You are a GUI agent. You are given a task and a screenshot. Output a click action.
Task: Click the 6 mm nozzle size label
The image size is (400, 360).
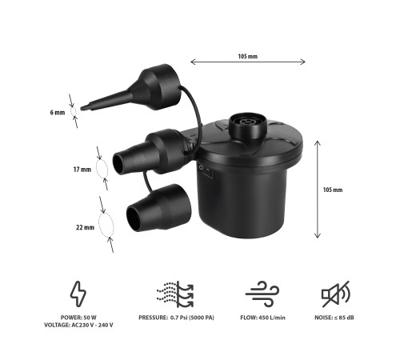[58, 113]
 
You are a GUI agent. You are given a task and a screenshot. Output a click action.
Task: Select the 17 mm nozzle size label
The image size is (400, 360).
[82, 170]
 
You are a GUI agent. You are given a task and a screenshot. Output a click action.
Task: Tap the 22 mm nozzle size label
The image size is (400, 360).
[85, 227]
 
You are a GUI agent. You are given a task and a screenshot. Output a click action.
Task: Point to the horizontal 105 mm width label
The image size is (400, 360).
[248, 56]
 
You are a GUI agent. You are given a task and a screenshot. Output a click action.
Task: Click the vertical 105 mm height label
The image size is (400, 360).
[333, 190]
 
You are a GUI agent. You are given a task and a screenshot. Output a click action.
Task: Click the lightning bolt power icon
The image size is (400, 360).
[78, 294]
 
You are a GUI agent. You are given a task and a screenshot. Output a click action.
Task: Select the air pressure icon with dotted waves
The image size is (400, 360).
[175, 294]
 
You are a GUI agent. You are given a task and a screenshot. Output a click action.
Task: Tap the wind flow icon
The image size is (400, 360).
[262, 294]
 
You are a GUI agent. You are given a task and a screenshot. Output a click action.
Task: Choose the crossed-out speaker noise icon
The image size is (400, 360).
[335, 294]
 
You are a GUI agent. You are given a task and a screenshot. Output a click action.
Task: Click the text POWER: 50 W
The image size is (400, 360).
[78, 318]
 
